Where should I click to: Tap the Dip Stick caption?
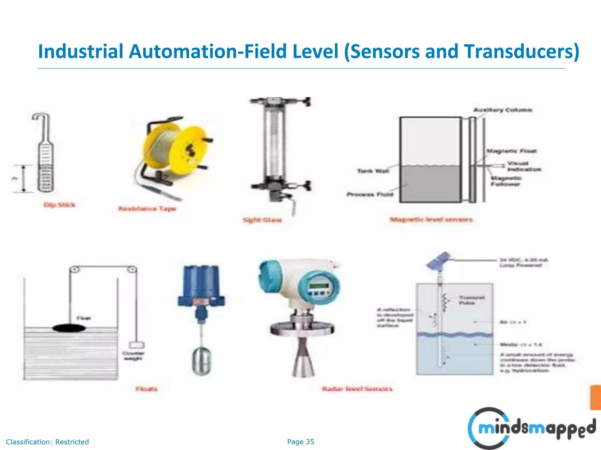pyautogui.click(x=59, y=205)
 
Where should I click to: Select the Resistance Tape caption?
pyautogui.click(x=147, y=209)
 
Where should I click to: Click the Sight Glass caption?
pyautogui.click(x=262, y=220)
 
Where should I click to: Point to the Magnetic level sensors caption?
pyautogui.click(x=431, y=219)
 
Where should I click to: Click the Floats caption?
pyautogui.click(x=146, y=389)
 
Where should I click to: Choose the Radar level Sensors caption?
pyautogui.click(x=357, y=389)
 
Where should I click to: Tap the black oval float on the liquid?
pyautogui.click(x=69, y=328)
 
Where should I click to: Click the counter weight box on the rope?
pyautogui.click(x=137, y=345)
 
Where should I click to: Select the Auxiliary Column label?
pyautogui.click(x=503, y=110)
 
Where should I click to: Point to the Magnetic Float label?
pyautogui.click(x=511, y=151)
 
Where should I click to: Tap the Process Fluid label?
pyautogui.click(x=370, y=194)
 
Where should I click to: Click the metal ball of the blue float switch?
pyautogui.click(x=202, y=361)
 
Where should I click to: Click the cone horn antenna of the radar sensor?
pyautogui.click(x=303, y=359)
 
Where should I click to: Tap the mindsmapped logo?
pyautogui.click(x=531, y=428)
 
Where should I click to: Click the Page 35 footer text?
pyautogui.click(x=300, y=442)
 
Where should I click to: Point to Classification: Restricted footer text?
pyautogui.click(x=48, y=442)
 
